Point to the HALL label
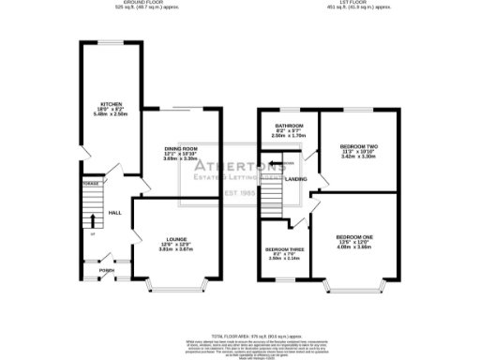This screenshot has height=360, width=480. pyautogui.click(x=115, y=214)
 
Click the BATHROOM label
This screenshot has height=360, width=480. pyautogui.click(x=288, y=126)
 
